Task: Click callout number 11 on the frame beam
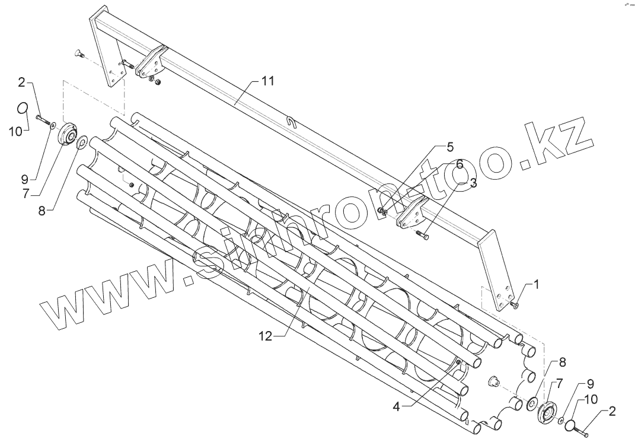click(268, 82)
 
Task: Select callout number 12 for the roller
click(265, 336)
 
